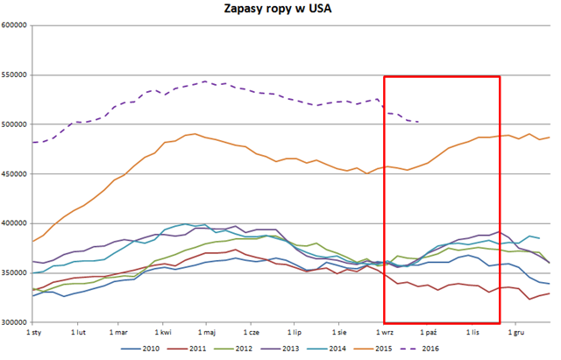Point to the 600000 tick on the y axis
tap(15, 25)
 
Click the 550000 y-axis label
tap(15, 75)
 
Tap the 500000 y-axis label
tap(15, 124)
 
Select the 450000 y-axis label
tap(15, 173)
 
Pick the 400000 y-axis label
tap(15, 223)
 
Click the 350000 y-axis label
tap(15, 272)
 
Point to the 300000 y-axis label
tap(15, 322)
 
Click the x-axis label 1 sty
tap(35, 333)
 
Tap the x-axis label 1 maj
tap(207, 333)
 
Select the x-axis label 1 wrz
tap(384, 333)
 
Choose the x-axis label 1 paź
tap(428, 333)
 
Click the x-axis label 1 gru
tap(516, 333)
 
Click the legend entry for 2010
tap(141, 349)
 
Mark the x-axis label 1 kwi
tap(163, 333)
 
